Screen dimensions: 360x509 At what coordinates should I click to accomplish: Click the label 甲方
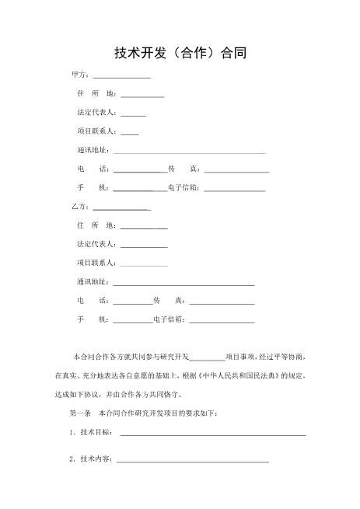(79, 75)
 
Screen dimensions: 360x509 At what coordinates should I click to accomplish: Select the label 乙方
(79, 207)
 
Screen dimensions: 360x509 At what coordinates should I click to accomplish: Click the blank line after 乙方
(121, 209)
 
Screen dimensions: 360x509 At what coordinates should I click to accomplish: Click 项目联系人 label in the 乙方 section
(97, 263)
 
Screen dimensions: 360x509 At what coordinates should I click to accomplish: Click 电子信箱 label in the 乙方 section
(169, 319)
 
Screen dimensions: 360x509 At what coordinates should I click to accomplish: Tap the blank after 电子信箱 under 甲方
(234, 190)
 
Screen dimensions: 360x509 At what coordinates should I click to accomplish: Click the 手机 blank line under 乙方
(133, 321)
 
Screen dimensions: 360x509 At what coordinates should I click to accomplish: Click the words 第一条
(81, 413)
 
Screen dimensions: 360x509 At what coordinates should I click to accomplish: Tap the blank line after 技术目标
(212, 434)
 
